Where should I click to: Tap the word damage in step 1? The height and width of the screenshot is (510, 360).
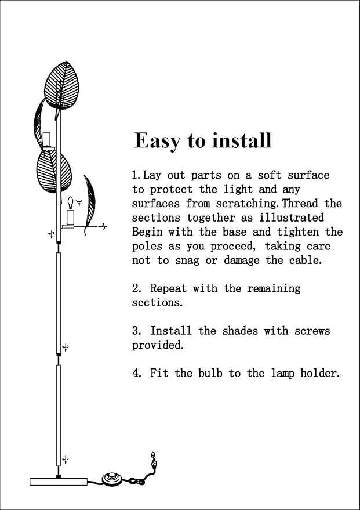[x=242, y=261]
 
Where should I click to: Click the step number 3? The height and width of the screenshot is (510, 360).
[x=136, y=331]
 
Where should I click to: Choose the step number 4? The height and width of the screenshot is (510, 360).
[x=136, y=373]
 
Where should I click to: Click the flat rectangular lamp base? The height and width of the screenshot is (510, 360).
[x=58, y=482]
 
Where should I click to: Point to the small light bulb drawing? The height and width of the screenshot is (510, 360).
[x=71, y=202]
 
